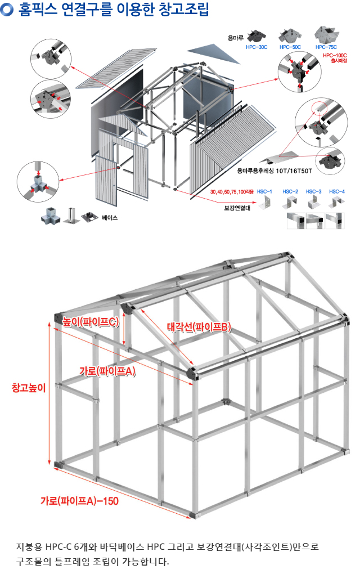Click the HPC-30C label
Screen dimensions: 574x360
256,48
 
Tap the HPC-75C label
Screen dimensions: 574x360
326,48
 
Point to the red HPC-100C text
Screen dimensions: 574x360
335,56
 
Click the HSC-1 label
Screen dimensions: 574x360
264,192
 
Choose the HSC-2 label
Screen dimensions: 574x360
290,192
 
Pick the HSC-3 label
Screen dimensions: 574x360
314,192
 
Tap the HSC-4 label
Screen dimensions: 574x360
337,192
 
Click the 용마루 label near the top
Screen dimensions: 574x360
235,38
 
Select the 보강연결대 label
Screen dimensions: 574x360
237,207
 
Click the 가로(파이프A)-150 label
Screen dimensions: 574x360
79,500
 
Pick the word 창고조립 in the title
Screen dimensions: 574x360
181,10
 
